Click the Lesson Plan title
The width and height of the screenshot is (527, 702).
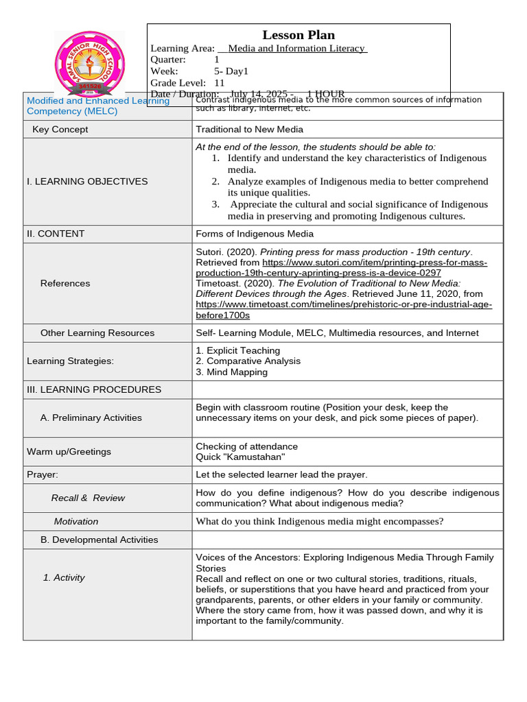(298, 35)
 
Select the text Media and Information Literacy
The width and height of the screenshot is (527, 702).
(297, 49)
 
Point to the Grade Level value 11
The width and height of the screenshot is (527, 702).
(220, 83)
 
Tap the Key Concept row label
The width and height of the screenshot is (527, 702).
(60, 130)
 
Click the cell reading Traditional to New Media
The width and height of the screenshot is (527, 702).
(249, 130)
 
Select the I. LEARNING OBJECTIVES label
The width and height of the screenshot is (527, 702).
(87, 182)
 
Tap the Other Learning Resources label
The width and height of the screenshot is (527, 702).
(97, 333)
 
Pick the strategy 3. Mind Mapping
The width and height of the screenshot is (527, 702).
(231, 372)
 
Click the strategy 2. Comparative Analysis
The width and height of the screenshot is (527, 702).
(248, 361)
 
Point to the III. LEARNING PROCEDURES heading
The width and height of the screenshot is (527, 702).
(94, 389)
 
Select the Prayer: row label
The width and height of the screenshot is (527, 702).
(43, 474)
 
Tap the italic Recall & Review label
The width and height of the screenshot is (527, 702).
(88, 498)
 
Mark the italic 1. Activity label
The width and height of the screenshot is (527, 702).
(64, 578)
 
